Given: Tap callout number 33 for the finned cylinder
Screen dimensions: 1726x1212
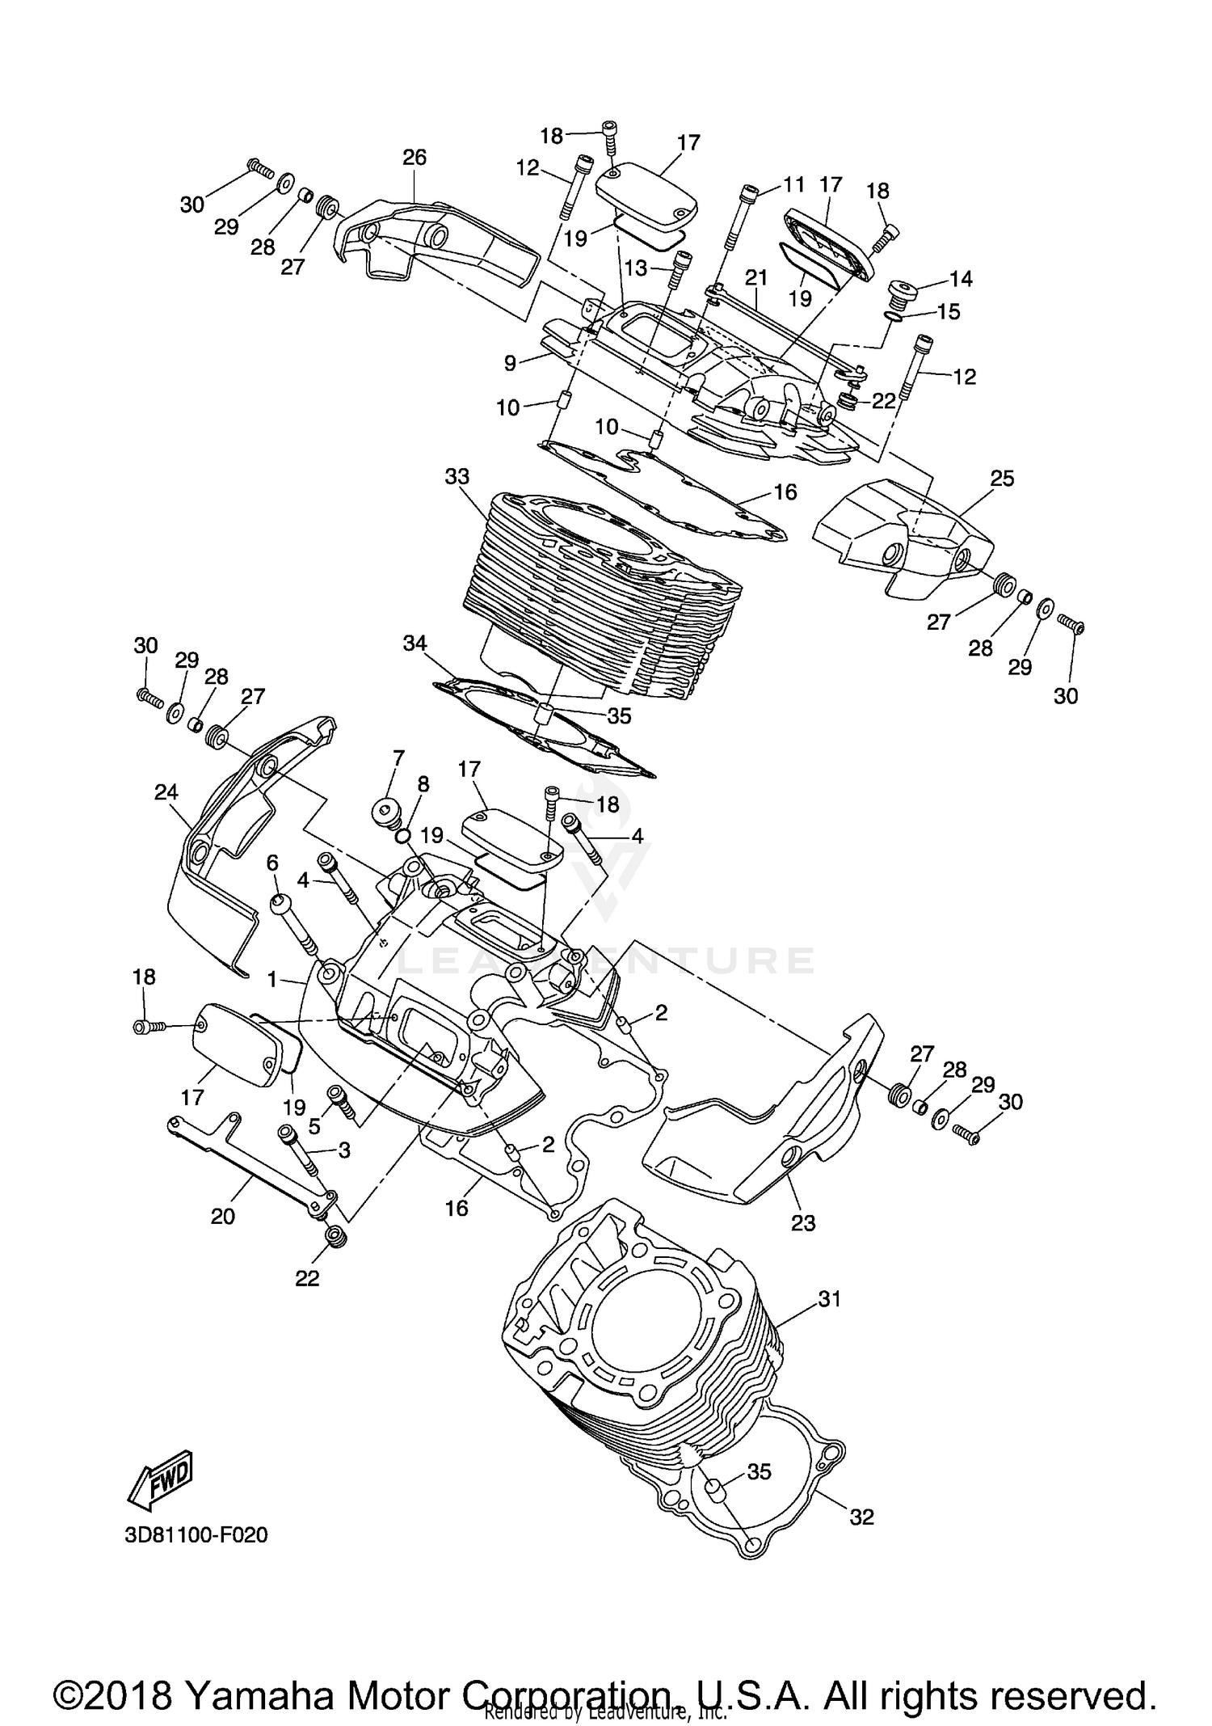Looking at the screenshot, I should coord(457,477).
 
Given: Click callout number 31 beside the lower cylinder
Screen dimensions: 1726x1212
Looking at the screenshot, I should coord(830,1299).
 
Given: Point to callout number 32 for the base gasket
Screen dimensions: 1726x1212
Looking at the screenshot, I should coord(862,1517).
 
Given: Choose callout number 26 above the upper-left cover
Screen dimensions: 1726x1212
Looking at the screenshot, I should coord(415,158).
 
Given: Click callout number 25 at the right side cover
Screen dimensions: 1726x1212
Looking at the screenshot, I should coord(1002,479).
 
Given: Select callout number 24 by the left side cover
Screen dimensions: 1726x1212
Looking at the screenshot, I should coord(166,792).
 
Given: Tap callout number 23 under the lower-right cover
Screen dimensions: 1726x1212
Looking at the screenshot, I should coord(803,1223).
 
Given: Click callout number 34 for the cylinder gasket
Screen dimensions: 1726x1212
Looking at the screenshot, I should coord(415,644).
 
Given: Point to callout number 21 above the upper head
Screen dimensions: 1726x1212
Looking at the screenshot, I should coord(755,277).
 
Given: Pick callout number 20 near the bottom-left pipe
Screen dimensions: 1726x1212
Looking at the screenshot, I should coord(223,1216).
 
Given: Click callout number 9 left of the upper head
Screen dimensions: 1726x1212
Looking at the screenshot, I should coord(510,364).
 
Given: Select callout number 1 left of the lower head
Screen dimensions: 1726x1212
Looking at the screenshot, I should coord(273,980).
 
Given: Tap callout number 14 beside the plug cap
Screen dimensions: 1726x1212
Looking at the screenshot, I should coord(961,279).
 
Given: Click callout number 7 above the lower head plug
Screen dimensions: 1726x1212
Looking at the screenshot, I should coord(398,757).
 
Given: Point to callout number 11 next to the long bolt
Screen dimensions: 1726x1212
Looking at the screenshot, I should coord(793,184).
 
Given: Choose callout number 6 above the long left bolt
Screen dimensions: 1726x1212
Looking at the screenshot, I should coord(272,863).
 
